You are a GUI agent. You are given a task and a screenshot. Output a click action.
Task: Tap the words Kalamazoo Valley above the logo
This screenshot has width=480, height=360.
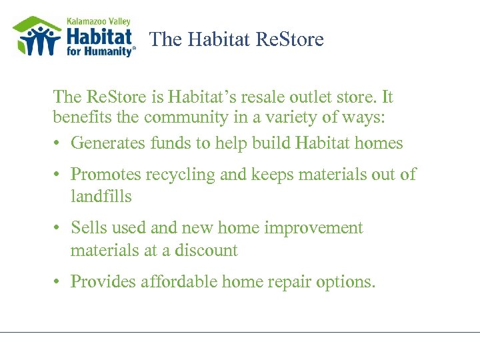pos(99,21)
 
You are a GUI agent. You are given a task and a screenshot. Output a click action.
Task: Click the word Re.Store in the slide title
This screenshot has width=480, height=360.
pos(290,39)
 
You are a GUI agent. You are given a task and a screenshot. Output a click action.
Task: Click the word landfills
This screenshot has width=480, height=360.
pos(101,197)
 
